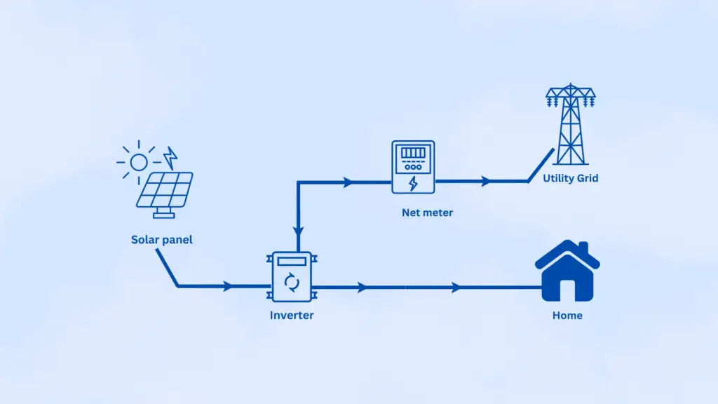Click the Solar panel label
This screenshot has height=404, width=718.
tap(161, 240)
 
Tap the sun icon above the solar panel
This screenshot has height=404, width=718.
tap(139, 162)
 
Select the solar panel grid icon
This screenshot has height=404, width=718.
tap(164, 189)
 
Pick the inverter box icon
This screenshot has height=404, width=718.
tap(292, 278)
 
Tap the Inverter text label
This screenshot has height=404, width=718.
tap(292, 316)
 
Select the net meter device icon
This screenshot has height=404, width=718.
tap(412, 167)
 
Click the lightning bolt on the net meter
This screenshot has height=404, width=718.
tap(412, 184)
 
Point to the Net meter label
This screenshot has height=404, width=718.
tap(427, 213)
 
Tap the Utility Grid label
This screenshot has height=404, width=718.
tap(570, 179)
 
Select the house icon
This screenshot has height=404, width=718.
tap(567, 271)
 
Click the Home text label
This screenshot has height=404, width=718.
tap(567, 316)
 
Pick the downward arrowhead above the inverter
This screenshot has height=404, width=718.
tap(298, 230)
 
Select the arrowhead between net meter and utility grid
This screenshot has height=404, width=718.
tap(485, 182)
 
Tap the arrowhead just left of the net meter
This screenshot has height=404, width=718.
tap(348, 182)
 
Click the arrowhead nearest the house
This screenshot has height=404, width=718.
tap(456, 287)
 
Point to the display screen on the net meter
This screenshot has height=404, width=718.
tap(412, 153)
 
